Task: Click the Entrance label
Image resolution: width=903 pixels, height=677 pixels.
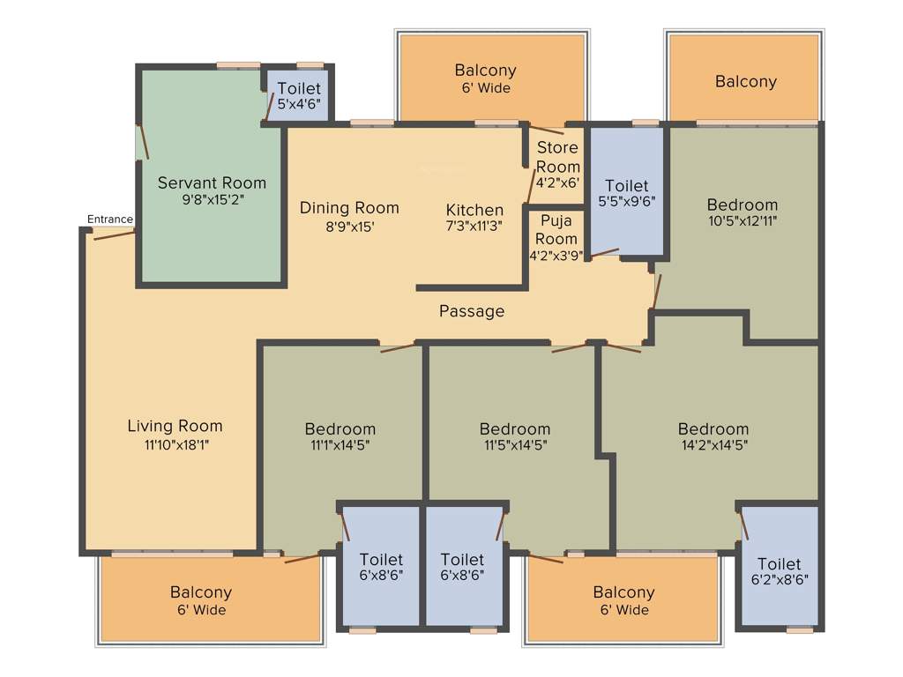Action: (110, 219)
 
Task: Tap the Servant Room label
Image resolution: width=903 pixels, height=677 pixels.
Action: (212, 183)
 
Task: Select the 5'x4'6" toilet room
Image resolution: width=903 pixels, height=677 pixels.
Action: (299, 95)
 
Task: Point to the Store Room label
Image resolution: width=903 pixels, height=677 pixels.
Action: (558, 157)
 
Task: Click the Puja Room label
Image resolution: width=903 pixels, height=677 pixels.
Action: (558, 229)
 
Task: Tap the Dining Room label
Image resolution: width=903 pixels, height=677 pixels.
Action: (349, 208)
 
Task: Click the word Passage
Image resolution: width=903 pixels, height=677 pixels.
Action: (472, 311)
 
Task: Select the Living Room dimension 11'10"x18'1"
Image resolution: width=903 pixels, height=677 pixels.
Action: (175, 444)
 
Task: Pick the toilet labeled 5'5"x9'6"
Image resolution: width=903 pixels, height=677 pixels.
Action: (627, 193)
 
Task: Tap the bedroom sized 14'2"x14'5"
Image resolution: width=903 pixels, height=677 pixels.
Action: (713, 437)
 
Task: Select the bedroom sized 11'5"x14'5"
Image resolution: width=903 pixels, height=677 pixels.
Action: (515, 437)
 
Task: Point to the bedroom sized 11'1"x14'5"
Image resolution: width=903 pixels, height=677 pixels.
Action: (340, 437)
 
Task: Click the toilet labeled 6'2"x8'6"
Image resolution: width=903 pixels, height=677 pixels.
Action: (780, 571)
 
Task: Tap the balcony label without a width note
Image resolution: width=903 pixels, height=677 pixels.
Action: (746, 82)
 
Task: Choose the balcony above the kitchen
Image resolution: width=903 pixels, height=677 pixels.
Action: (486, 78)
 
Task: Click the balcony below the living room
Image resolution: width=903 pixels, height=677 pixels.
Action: (201, 600)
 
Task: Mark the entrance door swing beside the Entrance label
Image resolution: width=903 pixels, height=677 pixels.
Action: (114, 234)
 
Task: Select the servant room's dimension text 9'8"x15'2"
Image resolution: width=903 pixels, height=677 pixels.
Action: (212, 200)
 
